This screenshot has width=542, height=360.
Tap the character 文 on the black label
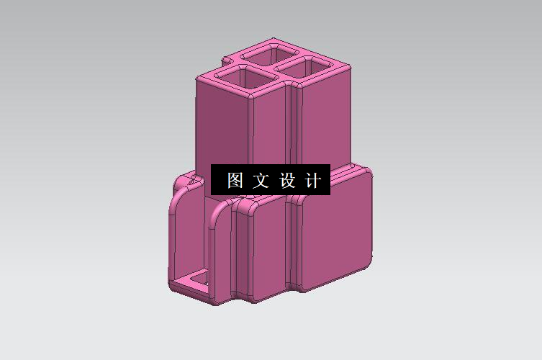[x=260, y=180]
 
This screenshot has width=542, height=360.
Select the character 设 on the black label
[x=287, y=180]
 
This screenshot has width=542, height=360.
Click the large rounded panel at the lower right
[x=335, y=230]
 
